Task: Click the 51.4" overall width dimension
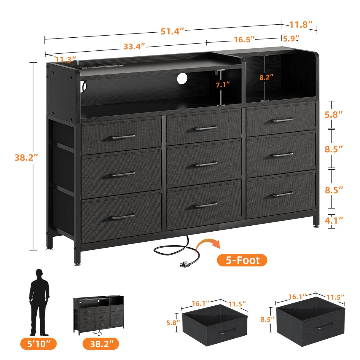pyautogui.click(x=172, y=31)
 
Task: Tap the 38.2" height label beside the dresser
pyautogui.click(x=26, y=157)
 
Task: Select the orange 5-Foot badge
pyautogui.click(x=242, y=260)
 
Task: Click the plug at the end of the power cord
pyautogui.click(x=184, y=264)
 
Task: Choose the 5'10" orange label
pyautogui.click(x=38, y=344)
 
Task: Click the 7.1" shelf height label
pyautogui.click(x=223, y=85)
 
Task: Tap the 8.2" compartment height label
pyautogui.click(x=266, y=77)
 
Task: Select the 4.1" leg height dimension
pyautogui.click(x=334, y=220)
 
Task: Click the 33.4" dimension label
pyautogui.click(x=134, y=47)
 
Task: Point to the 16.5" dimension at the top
pyautogui.click(x=244, y=39)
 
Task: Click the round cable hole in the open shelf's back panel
pyautogui.click(x=182, y=78)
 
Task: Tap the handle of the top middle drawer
pyautogui.click(x=206, y=128)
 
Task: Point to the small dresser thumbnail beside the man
pyautogui.click(x=99, y=315)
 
